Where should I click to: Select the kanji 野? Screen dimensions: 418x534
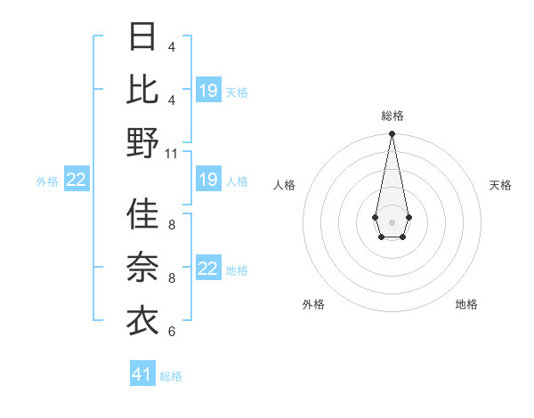tap(142, 142)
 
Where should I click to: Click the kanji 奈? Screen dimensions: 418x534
tap(142, 268)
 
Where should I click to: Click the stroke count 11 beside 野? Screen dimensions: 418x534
tap(172, 153)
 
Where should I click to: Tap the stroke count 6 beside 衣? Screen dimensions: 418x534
tap(171, 332)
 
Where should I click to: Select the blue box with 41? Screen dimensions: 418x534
tap(142, 374)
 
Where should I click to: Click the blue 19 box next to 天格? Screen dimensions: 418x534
tap(208, 91)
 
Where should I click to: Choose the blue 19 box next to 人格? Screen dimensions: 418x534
tap(208, 181)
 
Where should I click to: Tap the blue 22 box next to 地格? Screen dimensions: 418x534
tap(208, 269)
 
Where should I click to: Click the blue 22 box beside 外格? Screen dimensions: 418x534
tap(77, 181)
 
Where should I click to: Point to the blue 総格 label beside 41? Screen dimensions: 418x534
tap(171, 376)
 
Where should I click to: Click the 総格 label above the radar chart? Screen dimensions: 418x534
tap(392, 116)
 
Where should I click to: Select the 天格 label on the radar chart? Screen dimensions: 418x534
tap(501, 185)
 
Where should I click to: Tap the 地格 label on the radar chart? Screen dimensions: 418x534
tap(466, 304)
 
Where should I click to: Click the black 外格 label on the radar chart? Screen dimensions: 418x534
tap(313, 304)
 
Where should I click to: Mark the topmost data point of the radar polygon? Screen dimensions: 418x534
tap(392, 134)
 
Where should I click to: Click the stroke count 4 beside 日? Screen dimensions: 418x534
tap(171, 46)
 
